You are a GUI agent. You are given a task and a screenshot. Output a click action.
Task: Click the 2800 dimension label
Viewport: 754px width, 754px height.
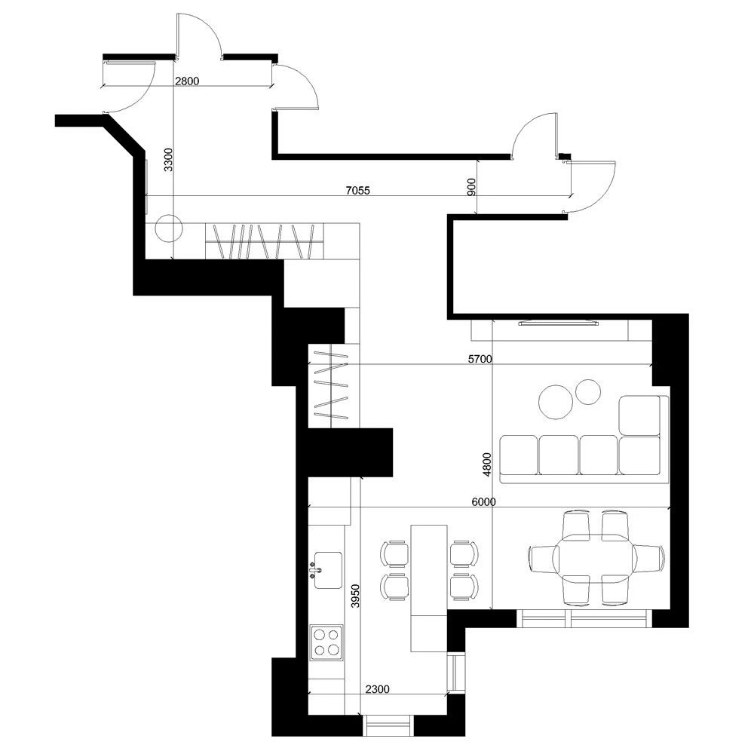coord(186,81)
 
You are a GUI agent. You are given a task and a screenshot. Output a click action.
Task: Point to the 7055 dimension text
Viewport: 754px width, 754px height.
coord(357,191)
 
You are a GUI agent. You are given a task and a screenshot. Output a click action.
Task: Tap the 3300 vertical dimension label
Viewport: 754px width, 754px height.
coord(168,160)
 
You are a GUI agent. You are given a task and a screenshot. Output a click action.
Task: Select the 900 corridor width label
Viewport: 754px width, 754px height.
coord(471,186)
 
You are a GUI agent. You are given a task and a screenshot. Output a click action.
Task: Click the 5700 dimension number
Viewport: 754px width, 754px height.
coord(480,359)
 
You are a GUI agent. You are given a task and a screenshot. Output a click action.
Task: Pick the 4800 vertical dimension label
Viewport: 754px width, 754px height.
coord(487,464)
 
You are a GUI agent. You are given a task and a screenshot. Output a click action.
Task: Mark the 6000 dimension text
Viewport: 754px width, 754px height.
coord(483,502)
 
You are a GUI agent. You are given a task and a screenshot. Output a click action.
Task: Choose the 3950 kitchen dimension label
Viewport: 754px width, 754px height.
coord(355,596)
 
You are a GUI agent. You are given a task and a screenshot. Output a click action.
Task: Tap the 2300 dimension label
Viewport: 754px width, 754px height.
coord(377,690)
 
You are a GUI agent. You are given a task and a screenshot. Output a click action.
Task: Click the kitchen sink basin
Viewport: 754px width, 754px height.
coord(328,570)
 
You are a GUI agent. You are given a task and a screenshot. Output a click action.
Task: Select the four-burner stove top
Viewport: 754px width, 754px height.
coord(326,642)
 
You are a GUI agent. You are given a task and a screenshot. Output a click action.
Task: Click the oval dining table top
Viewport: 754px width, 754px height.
coord(596,558)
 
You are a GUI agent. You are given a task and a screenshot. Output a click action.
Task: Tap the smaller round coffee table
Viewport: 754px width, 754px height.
coord(587,392)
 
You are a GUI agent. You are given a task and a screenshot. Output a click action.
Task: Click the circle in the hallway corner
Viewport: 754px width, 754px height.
coord(169,228)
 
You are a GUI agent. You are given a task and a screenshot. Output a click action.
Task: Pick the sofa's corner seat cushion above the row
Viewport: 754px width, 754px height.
coord(639,415)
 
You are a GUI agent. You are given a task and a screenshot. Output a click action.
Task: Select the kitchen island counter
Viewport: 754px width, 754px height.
coord(429,588)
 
